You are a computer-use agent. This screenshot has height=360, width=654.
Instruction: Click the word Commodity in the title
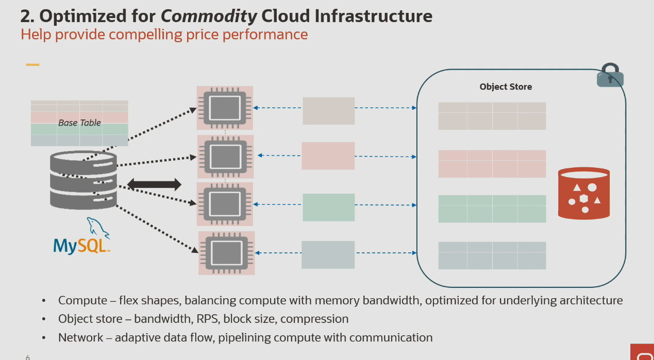209,16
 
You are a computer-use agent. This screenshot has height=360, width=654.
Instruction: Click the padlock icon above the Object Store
610,76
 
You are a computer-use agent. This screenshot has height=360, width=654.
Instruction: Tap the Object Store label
506,87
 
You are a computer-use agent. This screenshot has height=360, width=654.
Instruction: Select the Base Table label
79,123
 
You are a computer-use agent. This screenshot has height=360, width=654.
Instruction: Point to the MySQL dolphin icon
97,227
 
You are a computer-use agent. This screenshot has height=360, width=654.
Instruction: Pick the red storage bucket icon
584,193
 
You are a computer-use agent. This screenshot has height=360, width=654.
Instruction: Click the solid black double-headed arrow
154,184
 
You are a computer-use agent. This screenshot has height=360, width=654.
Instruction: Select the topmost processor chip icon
225,108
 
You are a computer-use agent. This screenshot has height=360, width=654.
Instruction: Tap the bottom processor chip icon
227,252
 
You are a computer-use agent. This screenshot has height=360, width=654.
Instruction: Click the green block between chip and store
328,207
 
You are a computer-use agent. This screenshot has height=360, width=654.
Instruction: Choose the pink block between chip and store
328,156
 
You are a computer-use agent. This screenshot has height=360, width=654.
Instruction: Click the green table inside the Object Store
492,209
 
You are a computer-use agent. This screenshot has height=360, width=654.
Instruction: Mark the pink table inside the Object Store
492,164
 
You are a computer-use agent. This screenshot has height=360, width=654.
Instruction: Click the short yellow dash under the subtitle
32,65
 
